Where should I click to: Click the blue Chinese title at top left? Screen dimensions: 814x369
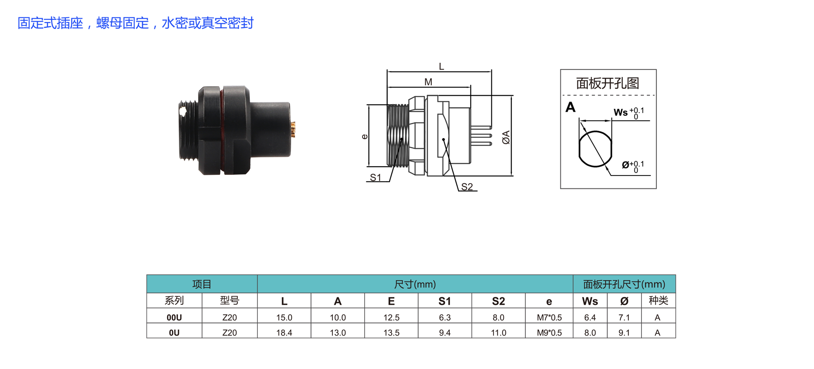[136, 23]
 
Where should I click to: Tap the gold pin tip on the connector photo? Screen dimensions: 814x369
[293, 129]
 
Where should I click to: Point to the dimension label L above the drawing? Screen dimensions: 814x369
[441, 67]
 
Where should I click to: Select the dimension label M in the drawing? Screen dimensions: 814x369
[428, 82]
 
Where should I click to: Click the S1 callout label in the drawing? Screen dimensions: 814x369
[376, 178]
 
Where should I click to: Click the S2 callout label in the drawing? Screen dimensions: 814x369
[467, 187]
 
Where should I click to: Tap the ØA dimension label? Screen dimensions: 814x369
[506, 137]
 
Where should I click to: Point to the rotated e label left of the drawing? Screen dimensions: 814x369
[365, 137]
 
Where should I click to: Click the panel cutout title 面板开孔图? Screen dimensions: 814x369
[608, 83]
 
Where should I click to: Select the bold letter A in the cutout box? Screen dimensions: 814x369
[571, 107]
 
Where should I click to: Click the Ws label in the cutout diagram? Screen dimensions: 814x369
[621, 112]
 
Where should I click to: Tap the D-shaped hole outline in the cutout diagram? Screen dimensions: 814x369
[595, 149]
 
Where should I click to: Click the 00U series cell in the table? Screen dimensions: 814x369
[174, 317]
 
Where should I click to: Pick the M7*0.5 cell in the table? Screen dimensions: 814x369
[549, 317]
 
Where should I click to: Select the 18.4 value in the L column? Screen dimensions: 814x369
[284, 333]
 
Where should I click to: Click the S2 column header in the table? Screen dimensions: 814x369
[499, 301]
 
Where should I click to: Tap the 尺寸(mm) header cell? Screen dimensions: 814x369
[415, 284]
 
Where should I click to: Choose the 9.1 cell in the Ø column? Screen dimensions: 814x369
[624, 333]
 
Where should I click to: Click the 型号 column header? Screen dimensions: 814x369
[230, 301]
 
